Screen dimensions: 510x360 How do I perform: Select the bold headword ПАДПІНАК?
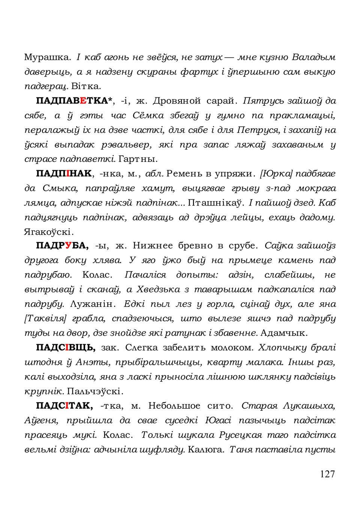coord(64,174)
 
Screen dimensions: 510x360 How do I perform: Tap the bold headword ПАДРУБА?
coord(62,246)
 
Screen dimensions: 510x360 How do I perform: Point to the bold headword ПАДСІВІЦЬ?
coord(66,348)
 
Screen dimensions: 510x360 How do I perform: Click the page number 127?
coord(327,474)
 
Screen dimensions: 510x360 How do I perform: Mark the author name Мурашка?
coord(47,57)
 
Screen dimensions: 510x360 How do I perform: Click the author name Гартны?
coord(138,159)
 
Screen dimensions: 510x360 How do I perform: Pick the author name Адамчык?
coord(283,333)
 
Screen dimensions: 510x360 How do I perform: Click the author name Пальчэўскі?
coord(95,391)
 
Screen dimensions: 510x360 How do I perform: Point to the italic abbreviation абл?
coord(154,174)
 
